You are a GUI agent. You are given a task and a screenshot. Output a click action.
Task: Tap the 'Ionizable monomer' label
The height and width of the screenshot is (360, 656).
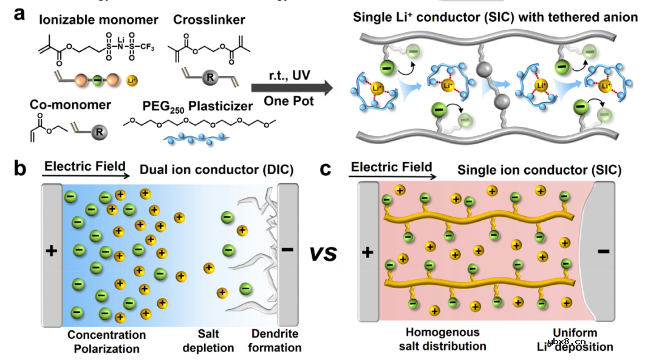(x=98, y=20)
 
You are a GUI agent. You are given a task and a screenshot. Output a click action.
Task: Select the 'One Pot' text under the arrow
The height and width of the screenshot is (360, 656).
(x=289, y=101)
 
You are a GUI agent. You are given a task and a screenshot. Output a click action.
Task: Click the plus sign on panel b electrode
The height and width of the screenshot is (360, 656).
(x=52, y=250)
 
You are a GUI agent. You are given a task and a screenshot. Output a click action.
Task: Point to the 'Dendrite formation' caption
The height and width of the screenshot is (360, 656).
(x=276, y=341)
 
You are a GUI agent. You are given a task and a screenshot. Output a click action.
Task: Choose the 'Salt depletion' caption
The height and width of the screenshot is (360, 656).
(x=216, y=341)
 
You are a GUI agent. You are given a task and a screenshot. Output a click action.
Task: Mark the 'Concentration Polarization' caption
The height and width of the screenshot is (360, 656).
(x=106, y=341)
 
